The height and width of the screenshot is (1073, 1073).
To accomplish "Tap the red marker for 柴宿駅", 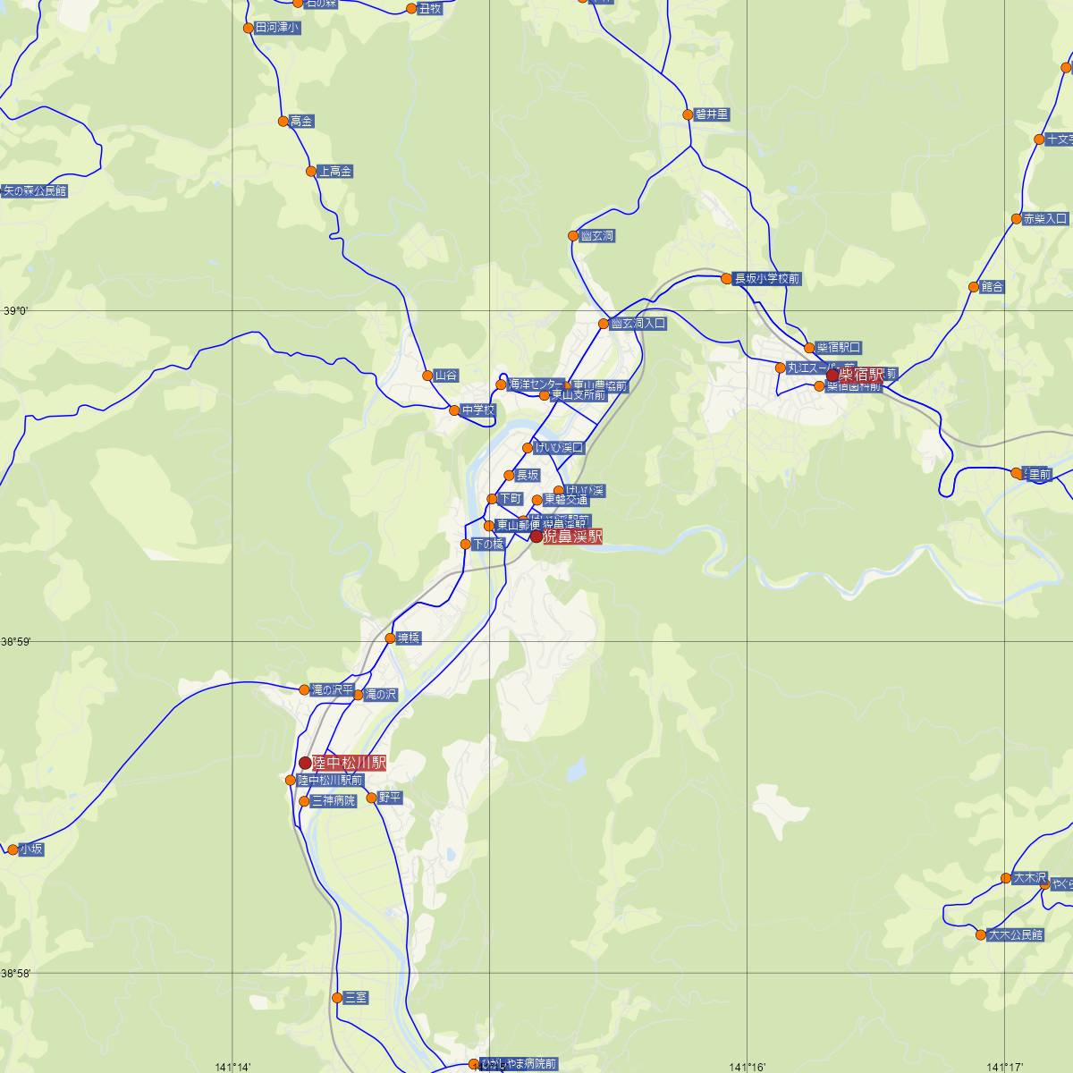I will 832,376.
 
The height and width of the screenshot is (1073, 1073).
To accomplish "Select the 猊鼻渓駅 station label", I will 572,537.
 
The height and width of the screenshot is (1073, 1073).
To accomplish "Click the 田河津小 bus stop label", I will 277,28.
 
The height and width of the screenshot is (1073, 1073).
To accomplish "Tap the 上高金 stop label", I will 335,171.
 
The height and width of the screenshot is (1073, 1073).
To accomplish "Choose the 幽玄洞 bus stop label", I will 596,236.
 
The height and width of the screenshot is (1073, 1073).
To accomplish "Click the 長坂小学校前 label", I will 767,279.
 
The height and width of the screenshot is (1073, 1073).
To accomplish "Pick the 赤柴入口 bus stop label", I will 1045,219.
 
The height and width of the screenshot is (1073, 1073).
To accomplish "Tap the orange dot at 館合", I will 974,287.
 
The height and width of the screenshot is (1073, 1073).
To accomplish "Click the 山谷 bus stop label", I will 445,376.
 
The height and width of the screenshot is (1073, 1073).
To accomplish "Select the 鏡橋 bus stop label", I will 409,638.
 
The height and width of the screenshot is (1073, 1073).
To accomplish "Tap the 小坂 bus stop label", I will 30,849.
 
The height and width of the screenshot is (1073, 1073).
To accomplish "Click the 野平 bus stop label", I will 390,797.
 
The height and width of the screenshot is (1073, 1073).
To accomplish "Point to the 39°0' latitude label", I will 15,311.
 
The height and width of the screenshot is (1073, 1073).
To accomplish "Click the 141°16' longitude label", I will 748,1066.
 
